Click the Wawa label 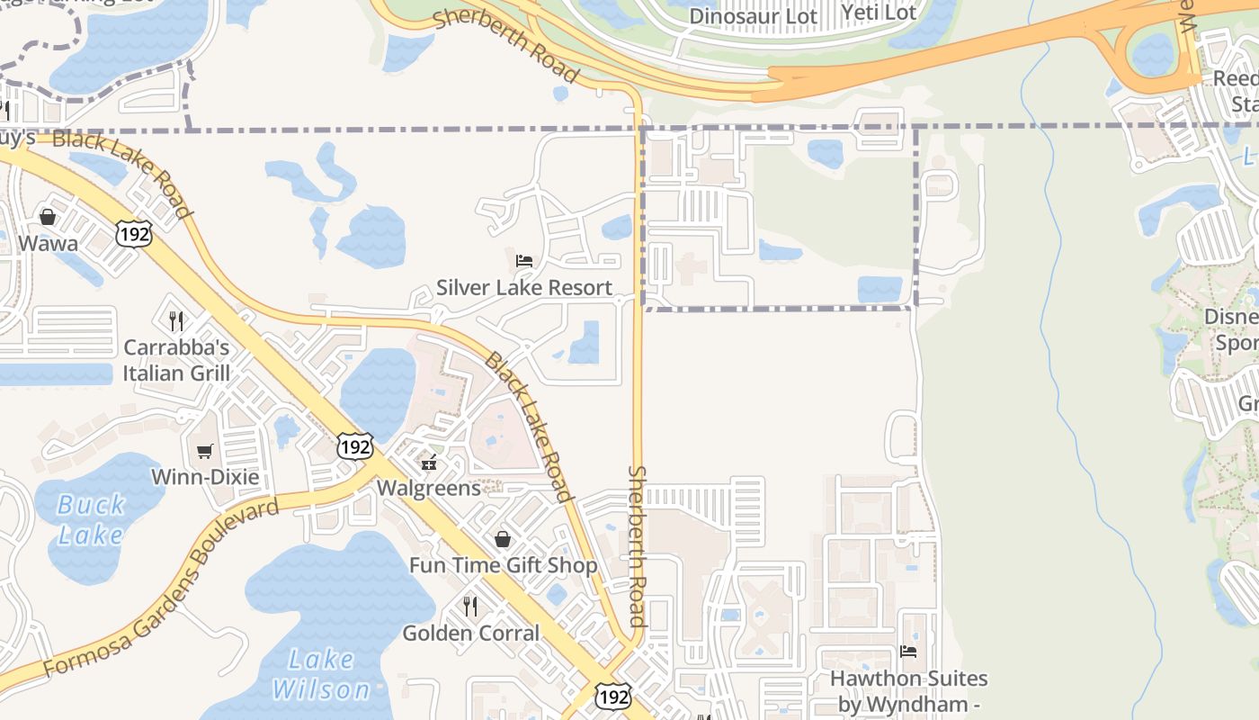48,243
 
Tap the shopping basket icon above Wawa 48,217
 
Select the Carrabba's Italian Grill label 176,360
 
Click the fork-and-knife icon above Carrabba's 176,320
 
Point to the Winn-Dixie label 205,477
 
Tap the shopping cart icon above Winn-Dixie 205,451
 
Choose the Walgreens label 429,488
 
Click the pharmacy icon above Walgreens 429,463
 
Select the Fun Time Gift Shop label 503,565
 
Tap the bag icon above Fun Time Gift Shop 503,539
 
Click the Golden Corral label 470,633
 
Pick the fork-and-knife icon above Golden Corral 470,607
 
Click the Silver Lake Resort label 524,287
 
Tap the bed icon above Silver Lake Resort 524,261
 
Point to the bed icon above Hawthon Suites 908,651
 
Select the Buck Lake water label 90,520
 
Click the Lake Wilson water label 321,675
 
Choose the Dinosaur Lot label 754,16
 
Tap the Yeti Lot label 879,13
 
